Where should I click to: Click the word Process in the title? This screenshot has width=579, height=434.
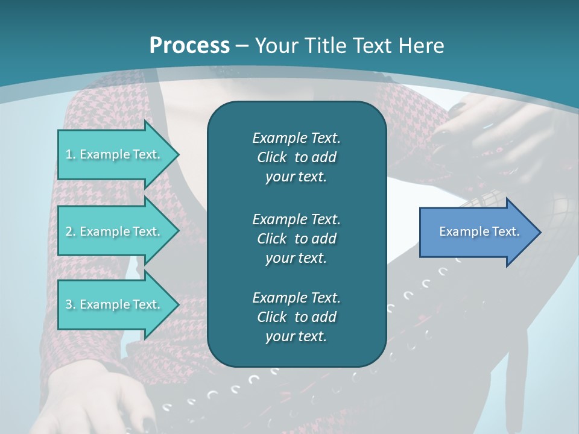click(189, 46)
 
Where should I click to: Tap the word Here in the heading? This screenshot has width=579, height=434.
click(423, 46)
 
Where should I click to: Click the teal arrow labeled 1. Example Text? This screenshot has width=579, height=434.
click(115, 154)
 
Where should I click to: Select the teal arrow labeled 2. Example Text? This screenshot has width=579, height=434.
click(115, 231)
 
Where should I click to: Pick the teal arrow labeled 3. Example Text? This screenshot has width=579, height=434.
click(115, 304)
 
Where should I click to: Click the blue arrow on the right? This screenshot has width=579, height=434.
click(476, 231)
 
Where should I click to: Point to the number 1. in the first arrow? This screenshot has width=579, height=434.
click(71, 154)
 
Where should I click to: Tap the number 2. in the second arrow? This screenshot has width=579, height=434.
click(71, 231)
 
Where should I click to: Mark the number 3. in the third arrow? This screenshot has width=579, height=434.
click(71, 304)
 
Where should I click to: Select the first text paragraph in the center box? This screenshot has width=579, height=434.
click(296, 157)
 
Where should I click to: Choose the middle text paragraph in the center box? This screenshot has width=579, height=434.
click(296, 239)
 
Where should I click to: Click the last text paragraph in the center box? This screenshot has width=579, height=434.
click(296, 317)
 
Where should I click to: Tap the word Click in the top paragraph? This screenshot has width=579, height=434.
click(271, 157)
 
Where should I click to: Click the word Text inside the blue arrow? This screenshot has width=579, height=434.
click(505, 231)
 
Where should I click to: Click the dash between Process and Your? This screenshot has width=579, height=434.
click(242, 46)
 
